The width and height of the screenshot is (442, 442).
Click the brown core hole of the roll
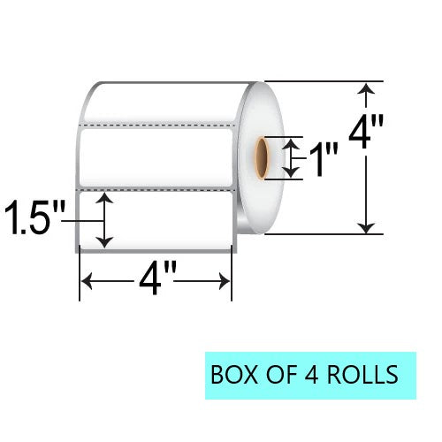[x=261, y=158]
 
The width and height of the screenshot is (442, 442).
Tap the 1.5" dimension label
[x=34, y=217]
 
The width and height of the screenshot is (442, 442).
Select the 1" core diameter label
[x=324, y=159]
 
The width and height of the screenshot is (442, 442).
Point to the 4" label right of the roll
[x=366, y=133]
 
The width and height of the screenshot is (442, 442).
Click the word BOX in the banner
[x=234, y=374]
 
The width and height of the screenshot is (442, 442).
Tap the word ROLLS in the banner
[x=362, y=374]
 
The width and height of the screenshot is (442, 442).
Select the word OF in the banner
[x=279, y=374]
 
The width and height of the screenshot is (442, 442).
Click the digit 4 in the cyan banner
[x=310, y=374]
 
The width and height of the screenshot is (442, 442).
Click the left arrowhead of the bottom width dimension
[x=86, y=281]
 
